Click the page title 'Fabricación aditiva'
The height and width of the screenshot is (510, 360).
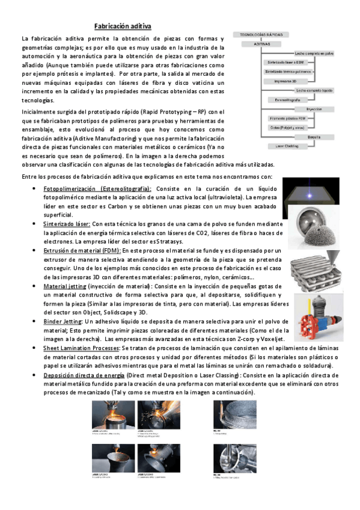(x=123, y=26)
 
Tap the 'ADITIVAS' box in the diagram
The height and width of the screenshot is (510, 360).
(x=263, y=45)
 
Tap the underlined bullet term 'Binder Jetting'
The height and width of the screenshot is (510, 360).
(x=63, y=322)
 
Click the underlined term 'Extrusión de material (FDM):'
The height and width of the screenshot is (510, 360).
(x=82, y=250)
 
